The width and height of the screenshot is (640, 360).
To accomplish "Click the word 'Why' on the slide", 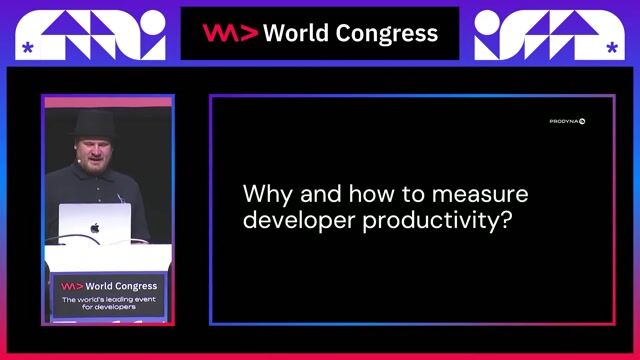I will (265, 193).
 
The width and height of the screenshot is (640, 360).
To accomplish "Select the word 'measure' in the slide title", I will (485, 193).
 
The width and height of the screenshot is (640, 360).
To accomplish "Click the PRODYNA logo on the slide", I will (567, 121).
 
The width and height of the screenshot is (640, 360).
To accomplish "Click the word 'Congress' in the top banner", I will (385, 33).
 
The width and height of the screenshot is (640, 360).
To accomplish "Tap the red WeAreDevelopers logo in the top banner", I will (230, 33).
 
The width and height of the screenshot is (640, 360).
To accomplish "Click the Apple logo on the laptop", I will (95, 227).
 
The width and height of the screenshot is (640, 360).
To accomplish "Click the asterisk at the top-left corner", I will (27, 48).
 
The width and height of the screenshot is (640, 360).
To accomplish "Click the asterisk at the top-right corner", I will (611, 47).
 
